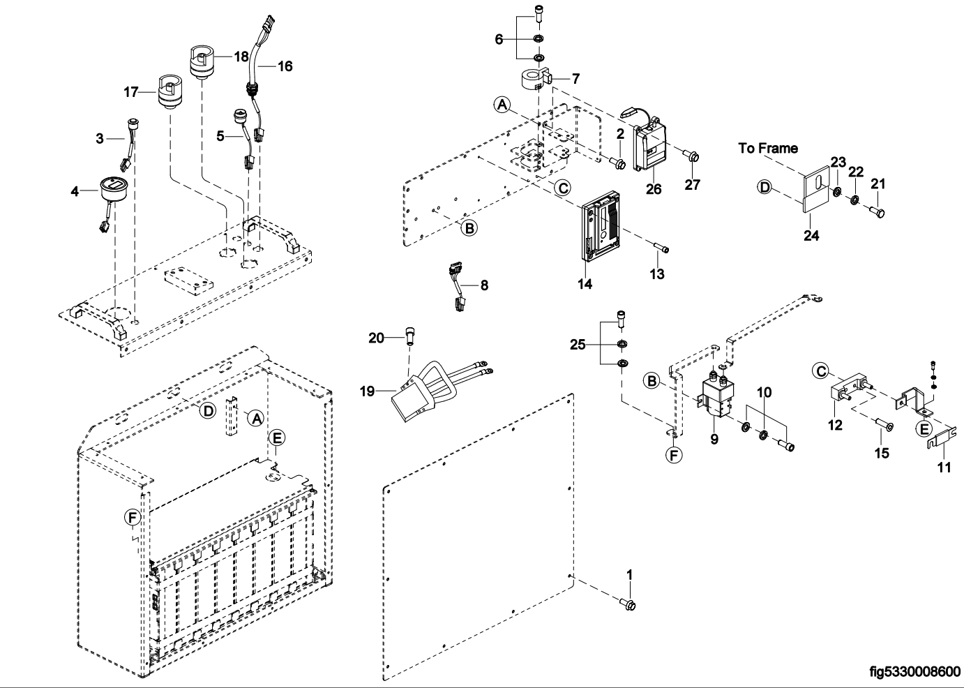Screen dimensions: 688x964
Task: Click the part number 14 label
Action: point(584,284)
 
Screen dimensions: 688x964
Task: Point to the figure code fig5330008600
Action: point(914,672)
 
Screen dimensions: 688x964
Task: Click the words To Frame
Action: point(768,148)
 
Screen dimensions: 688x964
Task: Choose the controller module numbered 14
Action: point(601,230)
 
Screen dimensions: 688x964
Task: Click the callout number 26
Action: point(653,188)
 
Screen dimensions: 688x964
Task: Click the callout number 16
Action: point(285,66)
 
